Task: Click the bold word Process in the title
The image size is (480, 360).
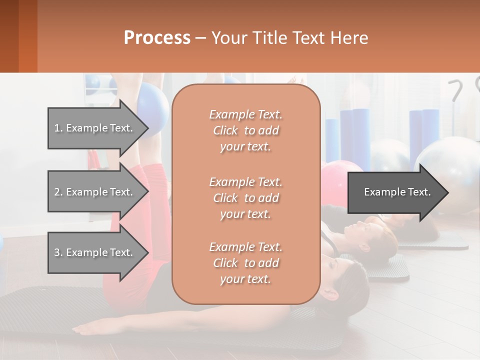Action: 157,38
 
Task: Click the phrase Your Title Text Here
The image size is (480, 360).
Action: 289,38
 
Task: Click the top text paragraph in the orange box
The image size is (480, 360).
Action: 245,130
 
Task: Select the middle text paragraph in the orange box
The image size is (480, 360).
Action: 245,197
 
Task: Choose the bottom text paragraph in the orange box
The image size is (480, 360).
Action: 245,263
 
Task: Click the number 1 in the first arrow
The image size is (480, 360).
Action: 57,128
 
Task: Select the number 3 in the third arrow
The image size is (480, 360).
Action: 57,252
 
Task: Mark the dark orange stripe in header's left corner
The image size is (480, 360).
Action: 27,36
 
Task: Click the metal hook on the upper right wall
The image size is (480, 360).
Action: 456,90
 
